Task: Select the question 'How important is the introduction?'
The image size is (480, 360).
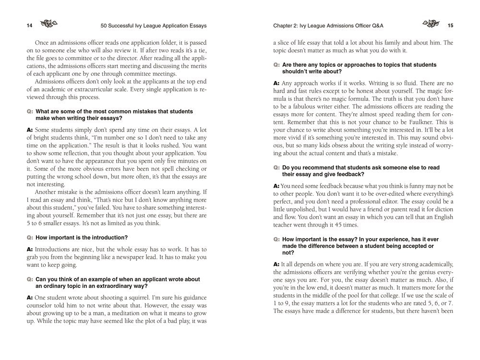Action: pyautogui.click(x=82, y=237)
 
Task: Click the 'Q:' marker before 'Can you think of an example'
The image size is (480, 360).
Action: pyautogui.click(x=30, y=279)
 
